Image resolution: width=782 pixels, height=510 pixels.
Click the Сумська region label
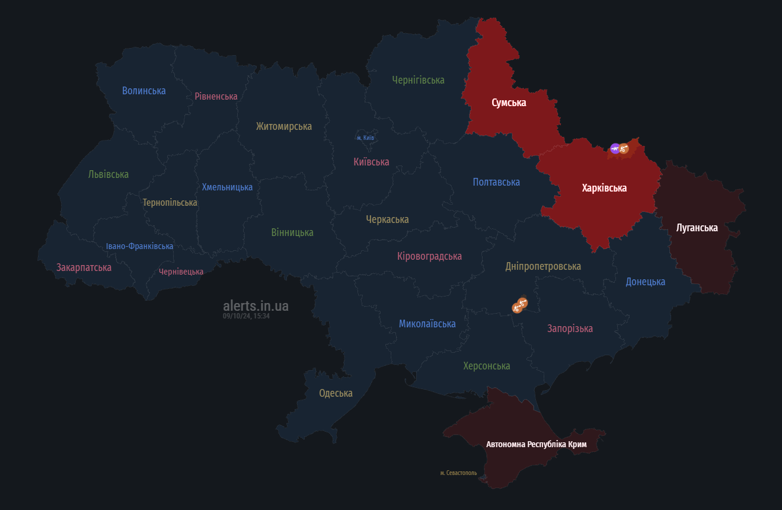(x=509, y=103)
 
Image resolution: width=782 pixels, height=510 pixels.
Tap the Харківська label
(x=604, y=188)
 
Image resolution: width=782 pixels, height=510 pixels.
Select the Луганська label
(x=697, y=228)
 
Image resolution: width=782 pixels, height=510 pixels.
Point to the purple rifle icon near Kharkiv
(x=615, y=148)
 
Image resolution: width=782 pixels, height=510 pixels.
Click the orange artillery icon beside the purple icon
(x=624, y=148)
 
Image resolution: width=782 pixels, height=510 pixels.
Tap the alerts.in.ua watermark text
(x=256, y=306)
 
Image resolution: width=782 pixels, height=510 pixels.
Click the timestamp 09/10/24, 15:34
(x=246, y=316)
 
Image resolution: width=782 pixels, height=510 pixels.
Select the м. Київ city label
(x=365, y=138)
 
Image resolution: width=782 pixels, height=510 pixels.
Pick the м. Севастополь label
(x=458, y=473)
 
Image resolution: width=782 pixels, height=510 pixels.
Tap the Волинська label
(x=144, y=91)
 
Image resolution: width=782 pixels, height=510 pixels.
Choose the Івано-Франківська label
(x=140, y=246)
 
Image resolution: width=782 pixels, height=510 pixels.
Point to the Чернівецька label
(x=181, y=272)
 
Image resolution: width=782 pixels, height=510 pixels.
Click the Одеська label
(x=336, y=393)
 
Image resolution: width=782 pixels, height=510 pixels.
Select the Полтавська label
(x=496, y=182)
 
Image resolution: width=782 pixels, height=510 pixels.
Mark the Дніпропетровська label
(x=543, y=266)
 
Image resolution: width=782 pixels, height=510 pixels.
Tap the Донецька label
(x=645, y=282)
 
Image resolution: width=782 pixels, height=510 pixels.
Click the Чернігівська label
(x=418, y=80)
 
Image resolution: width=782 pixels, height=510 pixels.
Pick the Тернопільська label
(x=170, y=202)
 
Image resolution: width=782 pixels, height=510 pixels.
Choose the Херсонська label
(x=486, y=366)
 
